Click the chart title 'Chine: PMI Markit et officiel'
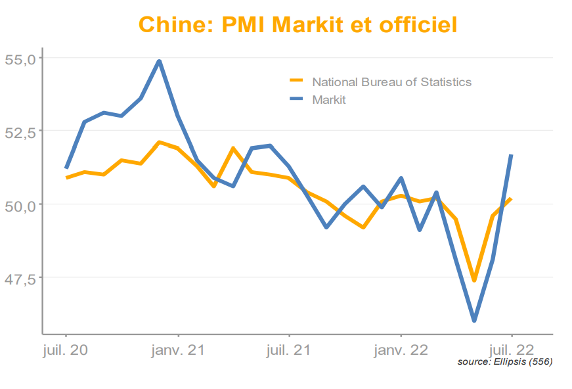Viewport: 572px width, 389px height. click(x=297, y=25)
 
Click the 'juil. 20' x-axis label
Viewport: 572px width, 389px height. click(x=65, y=350)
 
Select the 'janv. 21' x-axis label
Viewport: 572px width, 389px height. click(x=177, y=350)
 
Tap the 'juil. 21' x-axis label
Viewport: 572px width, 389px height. click(x=289, y=350)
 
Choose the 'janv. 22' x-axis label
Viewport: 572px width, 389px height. click(x=401, y=350)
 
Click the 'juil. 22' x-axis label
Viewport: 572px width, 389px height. click(x=512, y=350)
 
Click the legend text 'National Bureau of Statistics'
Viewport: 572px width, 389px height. click(x=391, y=82)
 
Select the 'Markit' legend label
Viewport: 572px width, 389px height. click(x=328, y=100)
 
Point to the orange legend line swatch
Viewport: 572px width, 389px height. click(x=297, y=81)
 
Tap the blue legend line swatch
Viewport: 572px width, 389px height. click(x=297, y=99)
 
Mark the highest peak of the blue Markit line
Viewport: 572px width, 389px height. click(x=159, y=61)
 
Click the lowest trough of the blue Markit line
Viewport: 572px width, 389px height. click(x=474, y=321)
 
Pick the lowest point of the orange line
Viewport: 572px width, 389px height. click(x=474, y=281)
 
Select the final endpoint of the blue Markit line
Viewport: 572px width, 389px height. click(x=511, y=155)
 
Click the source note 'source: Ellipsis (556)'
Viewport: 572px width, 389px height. click(x=504, y=362)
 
